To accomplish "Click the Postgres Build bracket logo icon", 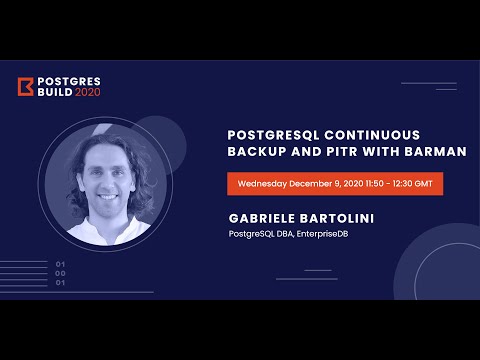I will point(25,87).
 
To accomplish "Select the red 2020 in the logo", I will point(88,92).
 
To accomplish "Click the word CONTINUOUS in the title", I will point(379,133).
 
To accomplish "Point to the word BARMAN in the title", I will point(436,151).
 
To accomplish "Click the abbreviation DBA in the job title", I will point(283,236).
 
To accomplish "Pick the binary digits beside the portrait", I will point(60,272).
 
